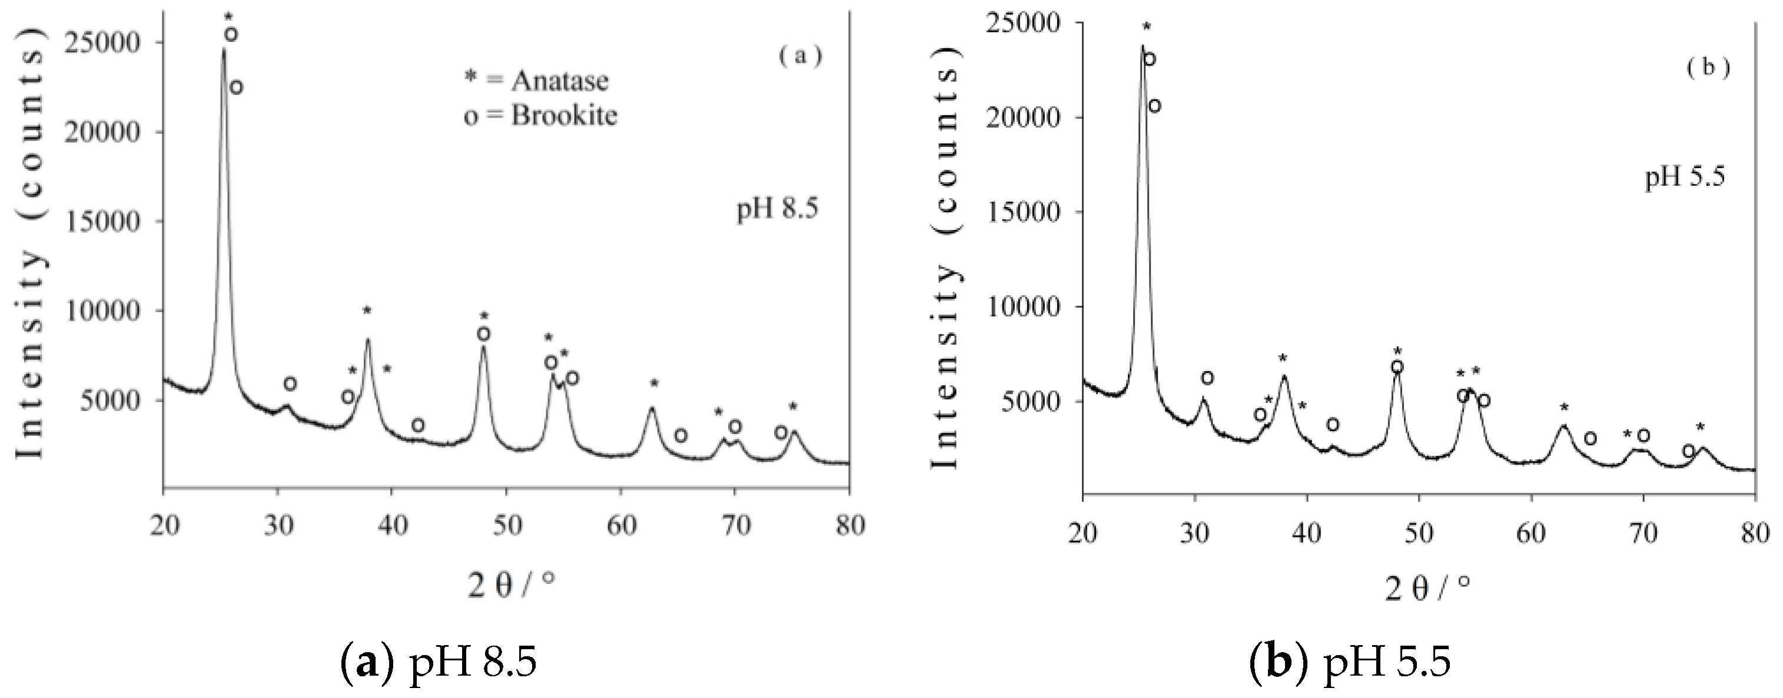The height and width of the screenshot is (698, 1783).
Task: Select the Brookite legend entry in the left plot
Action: (540, 115)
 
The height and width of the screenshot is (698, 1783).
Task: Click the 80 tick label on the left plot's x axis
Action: (849, 526)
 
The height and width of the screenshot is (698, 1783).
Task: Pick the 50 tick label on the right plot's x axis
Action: (1419, 534)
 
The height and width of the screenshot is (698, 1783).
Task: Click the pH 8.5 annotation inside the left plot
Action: (776, 208)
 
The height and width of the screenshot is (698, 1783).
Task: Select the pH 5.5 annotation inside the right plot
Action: (1684, 178)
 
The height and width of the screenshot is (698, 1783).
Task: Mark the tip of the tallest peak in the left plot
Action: (224, 49)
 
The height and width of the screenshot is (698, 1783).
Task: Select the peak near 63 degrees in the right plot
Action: (1563, 426)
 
